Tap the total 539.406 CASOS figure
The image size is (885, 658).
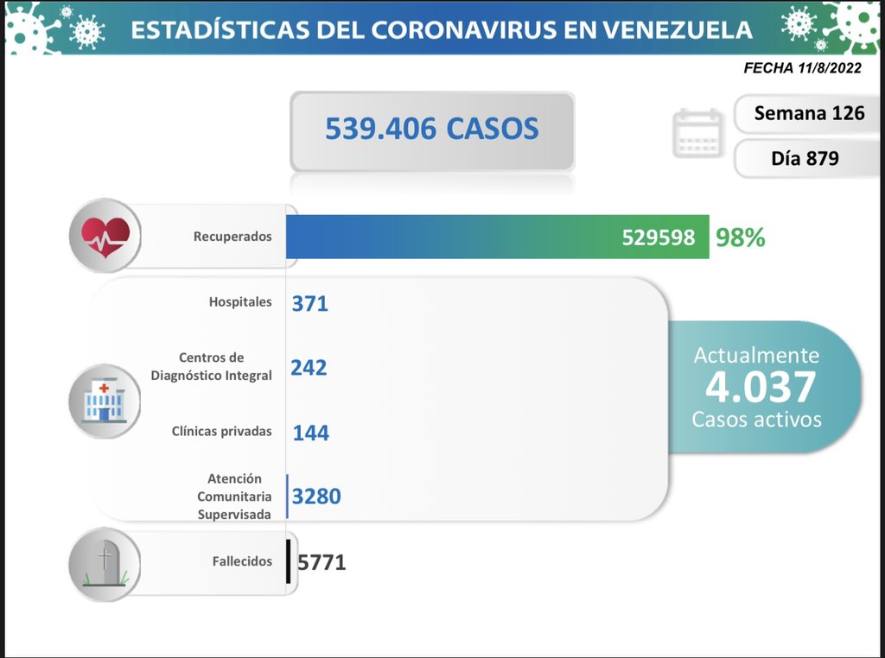(x=432, y=129)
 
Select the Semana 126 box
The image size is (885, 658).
(x=809, y=113)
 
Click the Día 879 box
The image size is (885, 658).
(x=805, y=159)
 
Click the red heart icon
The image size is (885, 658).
(x=105, y=235)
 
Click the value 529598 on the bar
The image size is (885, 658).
(x=659, y=237)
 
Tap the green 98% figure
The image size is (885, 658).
(x=740, y=237)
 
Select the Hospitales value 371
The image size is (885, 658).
(x=310, y=303)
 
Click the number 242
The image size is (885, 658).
(x=309, y=368)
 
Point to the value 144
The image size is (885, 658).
(x=311, y=433)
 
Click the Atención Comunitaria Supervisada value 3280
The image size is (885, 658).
(x=316, y=497)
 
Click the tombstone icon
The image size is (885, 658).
(x=105, y=562)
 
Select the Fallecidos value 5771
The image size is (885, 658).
(x=322, y=562)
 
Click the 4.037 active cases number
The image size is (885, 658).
(x=760, y=388)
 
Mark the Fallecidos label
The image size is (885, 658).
(x=242, y=561)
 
